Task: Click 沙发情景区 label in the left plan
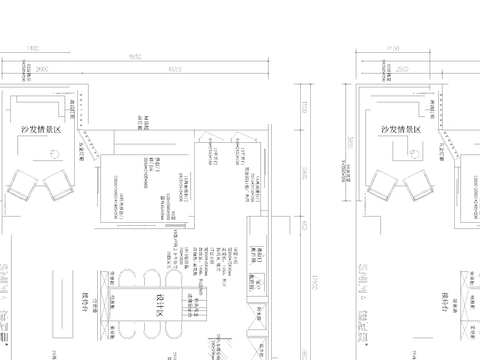(x=41, y=130)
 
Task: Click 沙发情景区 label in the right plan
(x=401, y=130)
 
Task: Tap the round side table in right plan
(x=411, y=151)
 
